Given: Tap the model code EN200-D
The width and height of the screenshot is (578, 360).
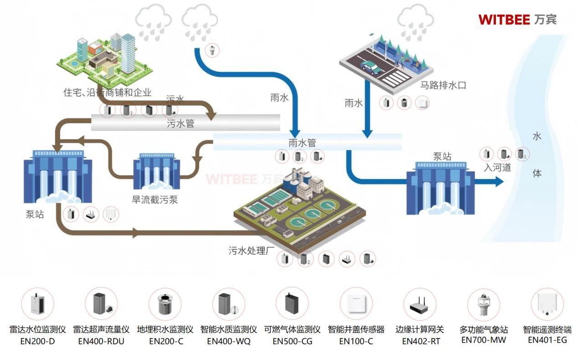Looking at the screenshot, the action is coord(37,341).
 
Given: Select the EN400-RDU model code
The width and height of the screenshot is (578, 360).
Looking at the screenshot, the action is coord(101,341).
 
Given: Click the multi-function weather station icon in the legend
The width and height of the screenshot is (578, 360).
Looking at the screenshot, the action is coord(484,304).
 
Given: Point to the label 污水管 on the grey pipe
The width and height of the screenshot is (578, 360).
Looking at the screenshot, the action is coord(181,123).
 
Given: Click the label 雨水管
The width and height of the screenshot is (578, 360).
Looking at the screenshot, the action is coord(302,143).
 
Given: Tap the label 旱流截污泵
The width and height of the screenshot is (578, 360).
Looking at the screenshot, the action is coord(155,200).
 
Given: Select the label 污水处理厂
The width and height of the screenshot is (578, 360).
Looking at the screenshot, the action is coord(251,250).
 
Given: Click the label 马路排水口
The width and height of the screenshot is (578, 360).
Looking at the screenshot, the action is coord(443,85).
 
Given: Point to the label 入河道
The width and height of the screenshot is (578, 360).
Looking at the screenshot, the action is coord(497,168).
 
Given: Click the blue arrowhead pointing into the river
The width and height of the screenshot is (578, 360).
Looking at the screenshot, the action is coord(499,181).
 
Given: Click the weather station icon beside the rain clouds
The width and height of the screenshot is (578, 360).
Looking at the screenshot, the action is coord(212,50).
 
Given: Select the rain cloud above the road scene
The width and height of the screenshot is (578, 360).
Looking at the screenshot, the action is coord(415,22).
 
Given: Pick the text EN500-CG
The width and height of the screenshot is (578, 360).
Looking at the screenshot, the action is coord(292,341).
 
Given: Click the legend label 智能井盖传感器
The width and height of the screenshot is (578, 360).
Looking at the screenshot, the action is coord(356,329).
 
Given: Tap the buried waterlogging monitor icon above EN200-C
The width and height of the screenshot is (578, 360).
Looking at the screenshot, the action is coord(165,304).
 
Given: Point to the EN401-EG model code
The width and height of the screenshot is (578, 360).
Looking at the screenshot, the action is coord(547,340).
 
